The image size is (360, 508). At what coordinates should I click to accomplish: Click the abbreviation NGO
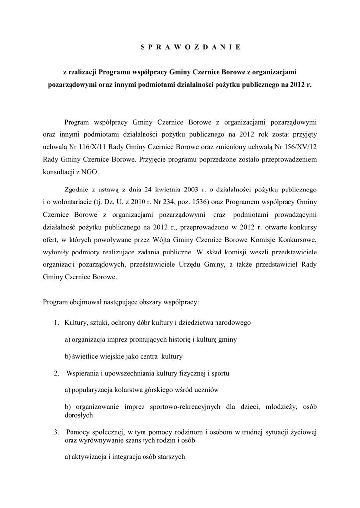89,171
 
